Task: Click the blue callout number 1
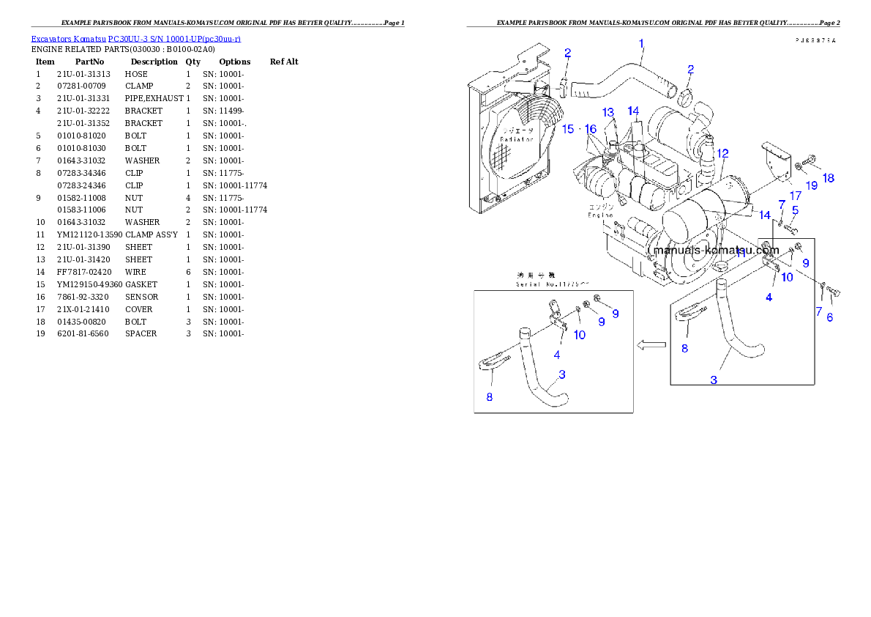pyautogui.click(x=641, y=44)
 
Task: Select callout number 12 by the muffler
pyautogui.click(x=722, y=154)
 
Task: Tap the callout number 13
pyautogui.click(x=608, y=112)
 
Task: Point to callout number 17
pyautogui.click(x=796, y=196)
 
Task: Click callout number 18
pyautogui.click(x=828, y=178)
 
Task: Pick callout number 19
pyautogui.click(x=812, y=185)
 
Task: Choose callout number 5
pyautogui.click(x=794, y=210)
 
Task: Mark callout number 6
pyautogui.click(x=829, y=317)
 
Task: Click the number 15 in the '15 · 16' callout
pyautogui.click(x=568, y=129)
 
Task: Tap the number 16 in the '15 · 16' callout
pyautogui.click(x=591, y=129)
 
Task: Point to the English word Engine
pyautogui.click(x=601, y=215)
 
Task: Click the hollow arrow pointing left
pyautogui.click(x=651, y=344)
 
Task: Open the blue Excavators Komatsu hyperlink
pyautogui.click(x=135, y=38)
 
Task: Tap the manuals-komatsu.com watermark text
pyautogui.click(x=715, y=250)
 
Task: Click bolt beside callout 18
pyautogui.click(x=810, y=158)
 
